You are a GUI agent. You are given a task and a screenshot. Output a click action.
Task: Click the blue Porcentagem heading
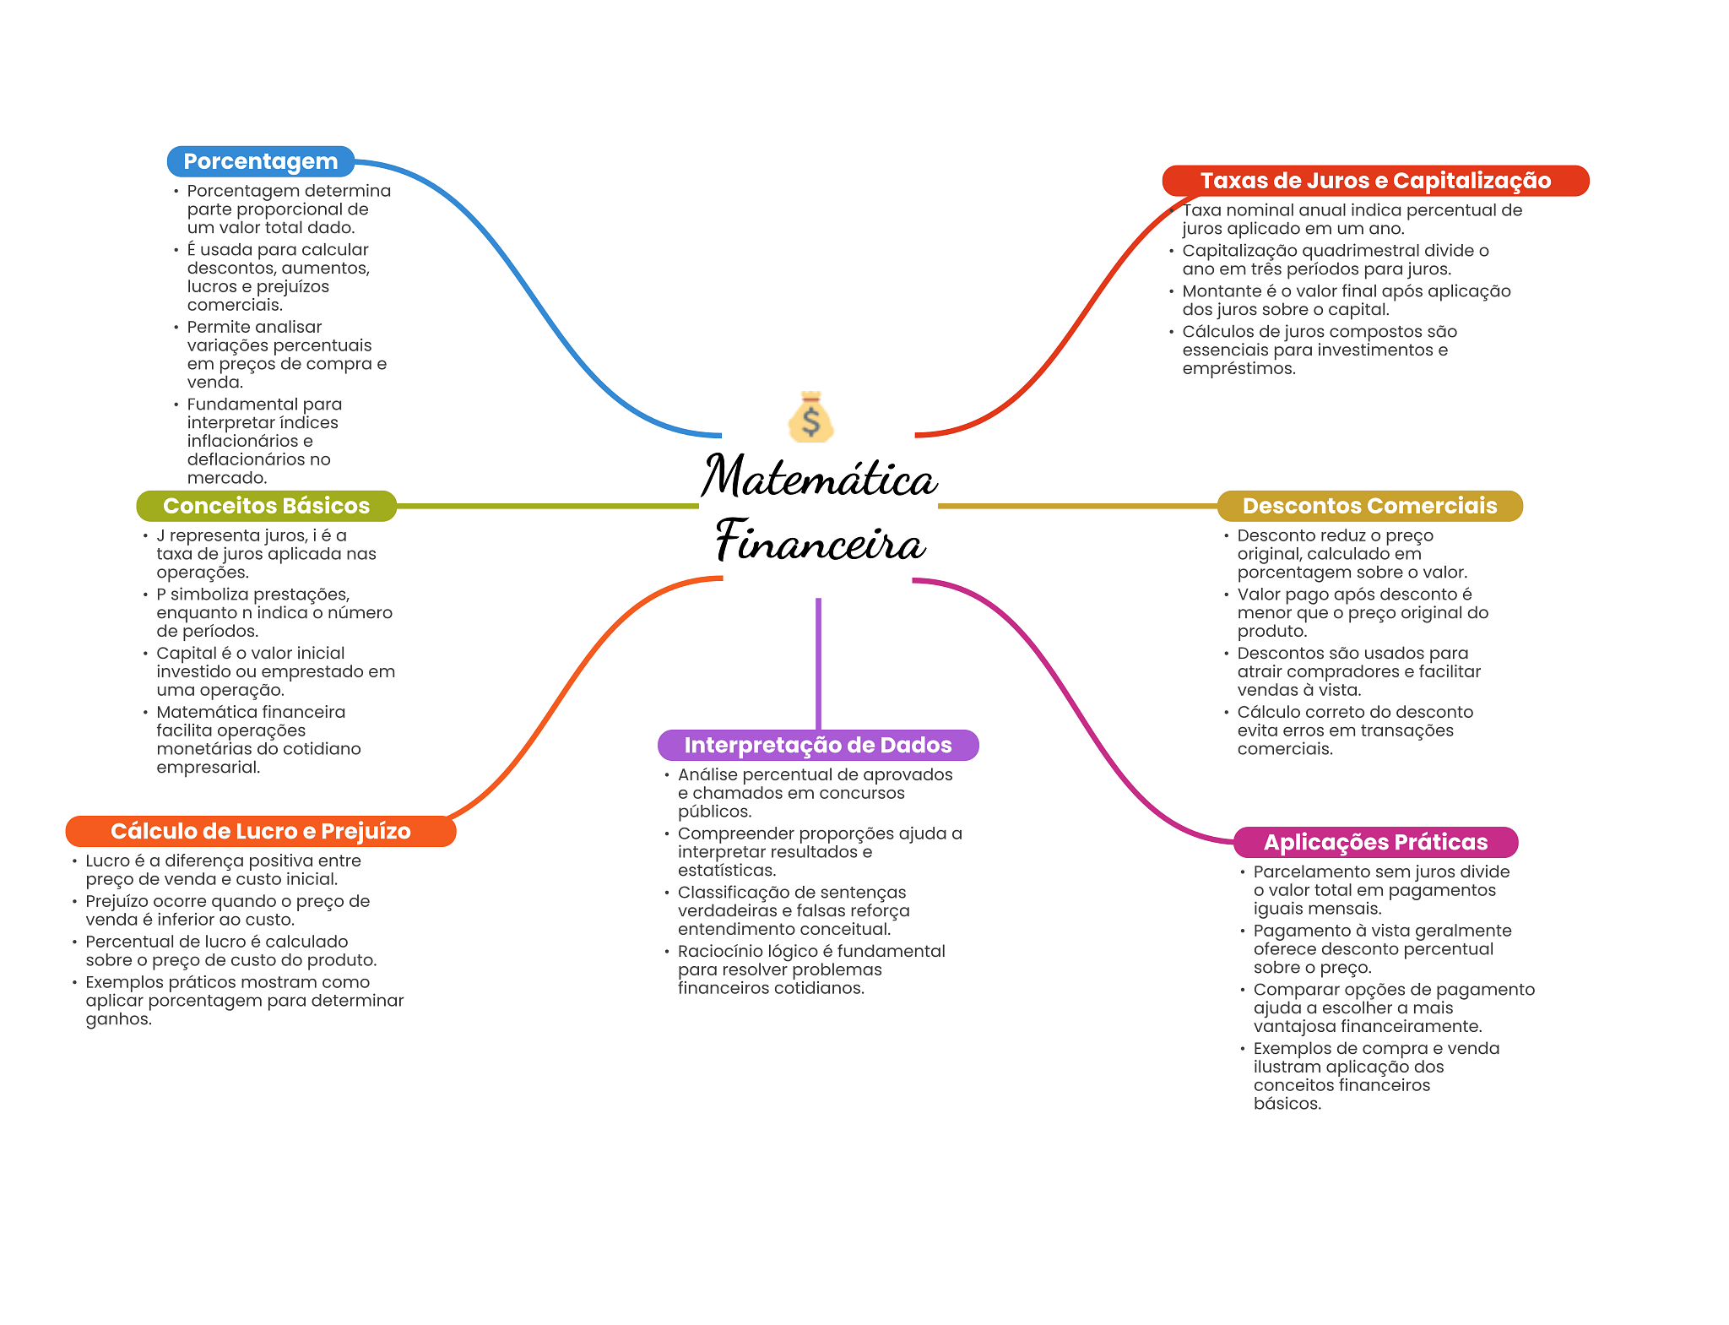click(260, 161)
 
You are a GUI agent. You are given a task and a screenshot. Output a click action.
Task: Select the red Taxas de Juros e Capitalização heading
click(1375, 181)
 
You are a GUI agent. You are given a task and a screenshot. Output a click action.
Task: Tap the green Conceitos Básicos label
click(266, 506)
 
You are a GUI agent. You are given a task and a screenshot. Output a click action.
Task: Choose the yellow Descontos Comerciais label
click(1369, 506)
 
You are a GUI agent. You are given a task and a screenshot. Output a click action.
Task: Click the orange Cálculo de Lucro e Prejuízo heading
click(260, 831)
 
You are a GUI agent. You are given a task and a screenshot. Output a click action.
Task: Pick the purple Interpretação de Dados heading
click(817, 745)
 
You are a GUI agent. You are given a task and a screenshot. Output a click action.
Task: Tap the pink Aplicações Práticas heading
click(1375, 842)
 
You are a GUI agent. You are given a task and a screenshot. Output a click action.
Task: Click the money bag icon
click(810, 417)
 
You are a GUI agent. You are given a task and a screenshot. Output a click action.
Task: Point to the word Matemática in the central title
click(819, 477)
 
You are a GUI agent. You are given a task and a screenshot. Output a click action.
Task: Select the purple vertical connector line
click(818, 663)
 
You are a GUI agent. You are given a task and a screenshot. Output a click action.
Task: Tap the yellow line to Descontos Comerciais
click(1076, 506)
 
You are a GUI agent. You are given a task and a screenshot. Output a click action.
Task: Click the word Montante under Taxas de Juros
click(1221, 291)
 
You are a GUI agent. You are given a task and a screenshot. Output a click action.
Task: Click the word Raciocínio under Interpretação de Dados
click(717, 952)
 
